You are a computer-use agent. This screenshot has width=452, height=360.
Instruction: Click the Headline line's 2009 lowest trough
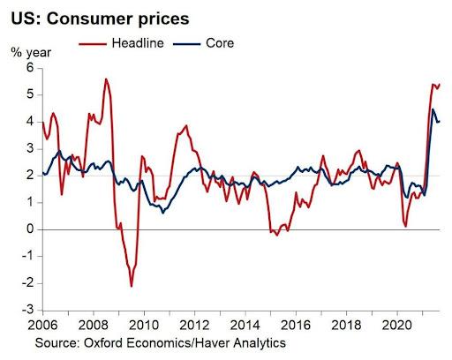132,286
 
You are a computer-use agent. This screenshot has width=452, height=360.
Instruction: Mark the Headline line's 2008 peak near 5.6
106,79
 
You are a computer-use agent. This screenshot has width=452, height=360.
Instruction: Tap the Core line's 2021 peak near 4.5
433,109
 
